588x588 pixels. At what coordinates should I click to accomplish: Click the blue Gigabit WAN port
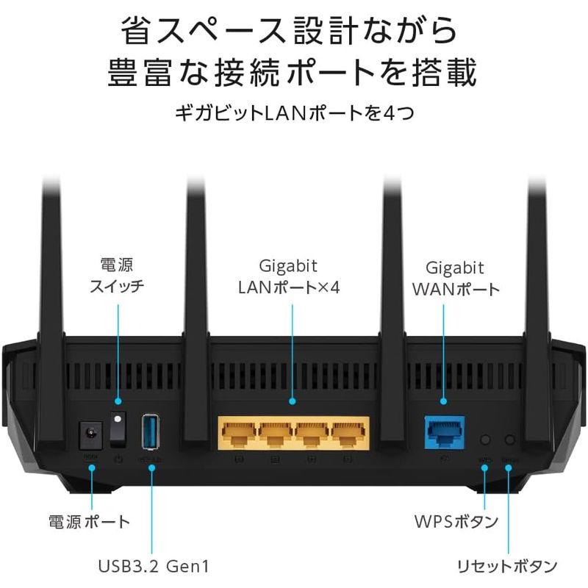pos(444,434)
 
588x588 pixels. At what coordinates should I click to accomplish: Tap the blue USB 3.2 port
pos(151,432)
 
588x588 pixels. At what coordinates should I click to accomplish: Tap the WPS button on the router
pos(484,440)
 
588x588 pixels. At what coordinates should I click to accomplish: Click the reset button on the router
pos(509,440)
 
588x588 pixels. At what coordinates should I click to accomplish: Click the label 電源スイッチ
pos(118,275)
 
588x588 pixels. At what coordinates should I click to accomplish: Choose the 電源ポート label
pos(89,523)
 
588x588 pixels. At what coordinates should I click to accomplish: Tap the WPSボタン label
pos(456,523)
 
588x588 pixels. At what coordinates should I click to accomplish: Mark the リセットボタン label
pos(506,566)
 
